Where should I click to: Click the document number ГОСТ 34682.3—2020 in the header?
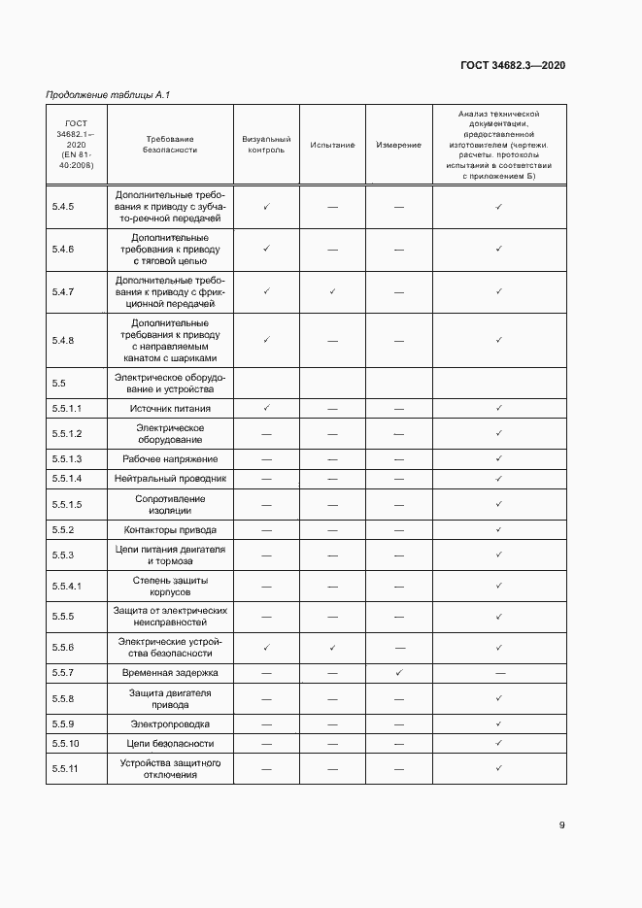coord(513,65)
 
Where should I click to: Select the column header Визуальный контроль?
coord(265,145)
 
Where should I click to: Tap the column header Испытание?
coord(332,145)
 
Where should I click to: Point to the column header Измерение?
coord(399,145)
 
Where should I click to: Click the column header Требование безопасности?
coord(170,145)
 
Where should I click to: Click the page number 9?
coord(561,825)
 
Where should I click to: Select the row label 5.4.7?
coord(63,291)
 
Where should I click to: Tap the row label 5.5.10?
coord(66,743)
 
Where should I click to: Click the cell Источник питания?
coord(170,409)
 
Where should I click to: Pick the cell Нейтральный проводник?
coord(170,479)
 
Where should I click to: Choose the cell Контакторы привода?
coord(170,530)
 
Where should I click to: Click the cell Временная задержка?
coord(170,672)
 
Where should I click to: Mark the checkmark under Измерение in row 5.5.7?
coord(399,672)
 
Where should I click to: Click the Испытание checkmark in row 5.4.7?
coord(332,291)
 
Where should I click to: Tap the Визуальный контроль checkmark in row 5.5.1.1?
coord(265,408)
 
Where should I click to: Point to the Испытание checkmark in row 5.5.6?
coord(332,647)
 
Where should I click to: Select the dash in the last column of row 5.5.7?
coord(499,672)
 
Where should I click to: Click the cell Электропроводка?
coord(170,723)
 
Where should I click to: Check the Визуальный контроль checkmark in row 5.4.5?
coord(265,206)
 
